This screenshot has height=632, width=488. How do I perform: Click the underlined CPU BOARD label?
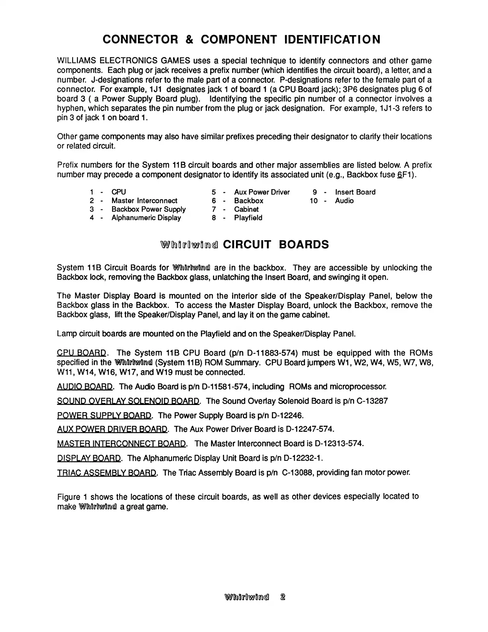point(82,353)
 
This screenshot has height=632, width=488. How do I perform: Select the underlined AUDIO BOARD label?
point(85,387)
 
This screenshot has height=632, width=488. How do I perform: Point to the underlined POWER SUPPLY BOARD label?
point(104,415)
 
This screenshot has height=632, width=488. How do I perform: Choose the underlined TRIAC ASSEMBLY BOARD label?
point(107,473)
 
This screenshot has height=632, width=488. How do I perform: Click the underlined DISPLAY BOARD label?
point(89,458)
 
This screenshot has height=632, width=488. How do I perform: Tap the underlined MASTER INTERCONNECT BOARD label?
point(122,444)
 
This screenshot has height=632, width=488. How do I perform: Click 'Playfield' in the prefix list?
point(248,218)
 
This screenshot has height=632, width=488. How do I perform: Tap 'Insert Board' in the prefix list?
point(355,192)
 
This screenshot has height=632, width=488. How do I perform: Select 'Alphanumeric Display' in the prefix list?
point(146,218)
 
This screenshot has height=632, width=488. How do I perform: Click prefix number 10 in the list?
point(314,201)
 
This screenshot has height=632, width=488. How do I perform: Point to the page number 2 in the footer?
point(283,597)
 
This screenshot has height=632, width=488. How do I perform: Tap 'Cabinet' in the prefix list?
point(246,209)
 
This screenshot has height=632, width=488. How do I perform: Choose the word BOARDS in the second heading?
point(304,244)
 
